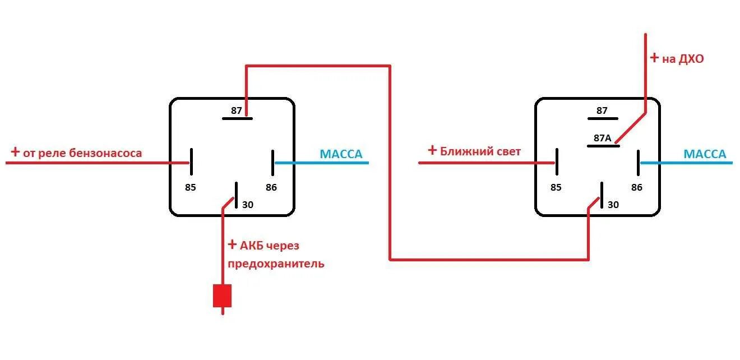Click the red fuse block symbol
tap(222, 296)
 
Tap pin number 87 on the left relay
tap(237, 110)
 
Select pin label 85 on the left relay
tap(191, 187)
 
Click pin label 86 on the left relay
tap(271, 187)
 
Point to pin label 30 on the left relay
tap(248, 205)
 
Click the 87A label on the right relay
tap(602, 138)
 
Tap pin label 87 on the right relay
tap(602, 110)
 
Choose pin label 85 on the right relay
tap(556, 187)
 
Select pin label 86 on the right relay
tap(637, 187)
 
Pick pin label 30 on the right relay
tap(613, 205)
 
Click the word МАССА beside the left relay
tap(341, 154)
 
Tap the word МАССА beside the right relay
tap(705, 154)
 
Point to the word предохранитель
tap(276, 264)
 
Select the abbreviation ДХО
tap(691, 58)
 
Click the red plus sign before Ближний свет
tap(432, 150)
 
